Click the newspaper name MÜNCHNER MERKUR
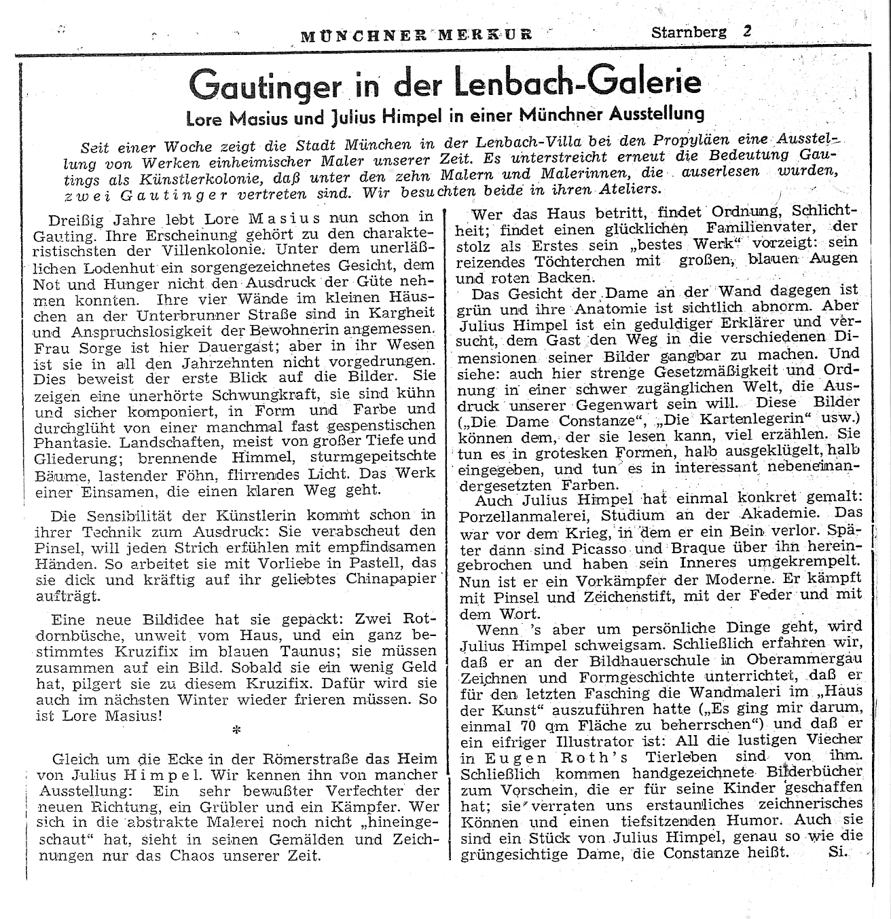416,34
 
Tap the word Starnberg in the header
689,32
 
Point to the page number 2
746,31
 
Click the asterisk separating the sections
236,730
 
